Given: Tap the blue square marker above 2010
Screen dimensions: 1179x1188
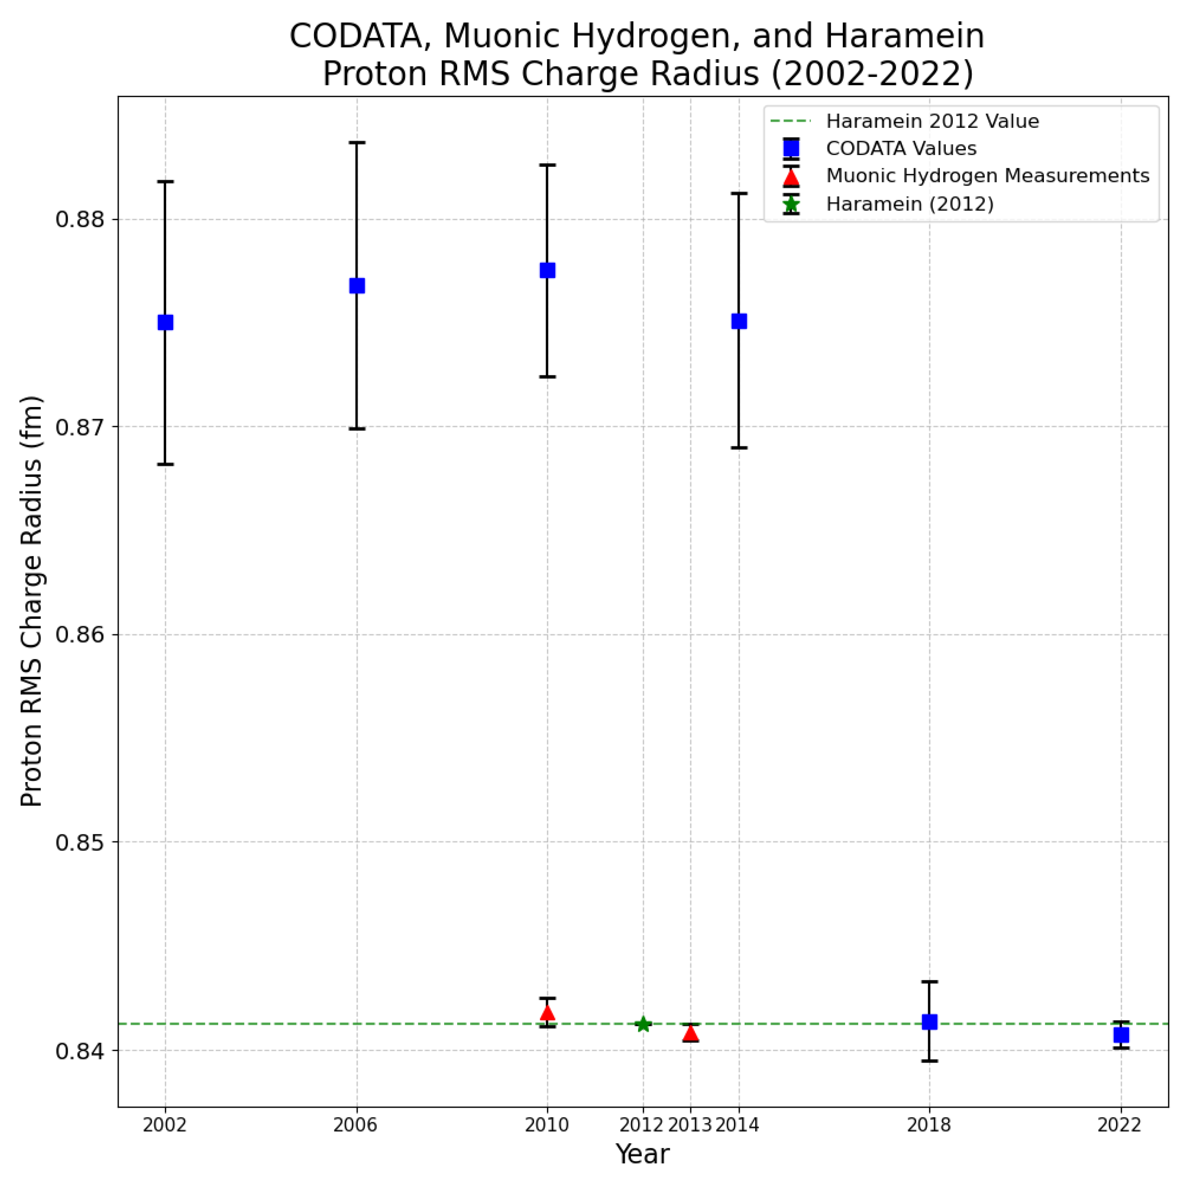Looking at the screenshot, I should pos(547,271).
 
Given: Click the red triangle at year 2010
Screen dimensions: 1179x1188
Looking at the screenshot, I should pos(547,1012).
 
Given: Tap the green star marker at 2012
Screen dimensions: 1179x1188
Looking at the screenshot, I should pos(643,1024).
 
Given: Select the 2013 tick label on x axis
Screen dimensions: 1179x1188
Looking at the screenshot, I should pos(689,1125).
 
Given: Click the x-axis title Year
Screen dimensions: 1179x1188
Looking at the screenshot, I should pos(643,1154).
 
